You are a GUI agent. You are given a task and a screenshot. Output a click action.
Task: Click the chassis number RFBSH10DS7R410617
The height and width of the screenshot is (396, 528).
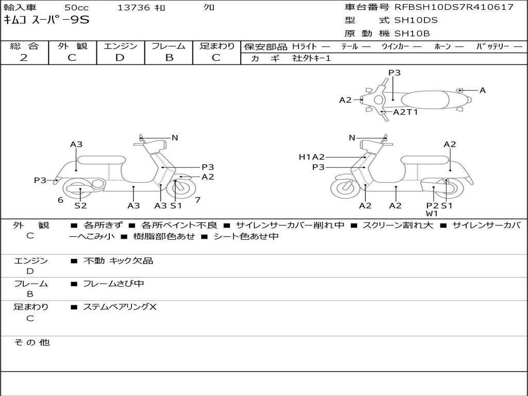click(x=454, y=7)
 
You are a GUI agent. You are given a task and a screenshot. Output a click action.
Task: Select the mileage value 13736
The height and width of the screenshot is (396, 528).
click(x=134, y=8)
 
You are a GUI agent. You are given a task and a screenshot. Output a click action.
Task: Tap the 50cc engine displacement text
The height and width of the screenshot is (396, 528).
click(x=76, y=8)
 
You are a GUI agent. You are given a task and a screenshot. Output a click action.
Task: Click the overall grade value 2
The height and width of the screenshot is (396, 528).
click(x=24, y=58)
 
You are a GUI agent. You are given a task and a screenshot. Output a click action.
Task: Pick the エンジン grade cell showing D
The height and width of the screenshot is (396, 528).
click(x=120, y=58)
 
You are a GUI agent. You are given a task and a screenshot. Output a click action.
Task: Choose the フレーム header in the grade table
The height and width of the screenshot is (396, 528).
click(x=168, y=46)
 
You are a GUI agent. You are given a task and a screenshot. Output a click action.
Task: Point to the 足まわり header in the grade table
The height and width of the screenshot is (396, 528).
click(x=217, y=46)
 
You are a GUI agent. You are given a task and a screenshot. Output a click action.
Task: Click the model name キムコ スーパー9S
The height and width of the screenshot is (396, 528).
click(x=46, y=20)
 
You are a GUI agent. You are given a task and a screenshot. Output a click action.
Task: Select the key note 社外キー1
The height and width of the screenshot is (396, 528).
click(x=311, y=59)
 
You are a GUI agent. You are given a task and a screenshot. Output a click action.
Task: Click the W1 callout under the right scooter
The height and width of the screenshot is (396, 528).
click(x=432, y=213)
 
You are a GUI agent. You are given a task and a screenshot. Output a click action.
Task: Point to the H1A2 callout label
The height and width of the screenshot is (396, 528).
click(x=311, y=157)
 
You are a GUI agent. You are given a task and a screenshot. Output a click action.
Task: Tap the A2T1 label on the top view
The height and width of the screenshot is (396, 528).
click(x=405, y=112)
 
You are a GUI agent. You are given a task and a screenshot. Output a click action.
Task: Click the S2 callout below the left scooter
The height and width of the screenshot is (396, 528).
click(x=80, y=206)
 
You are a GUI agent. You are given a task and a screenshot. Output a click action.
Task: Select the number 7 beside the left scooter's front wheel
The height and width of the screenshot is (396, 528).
click(x=197, y=200)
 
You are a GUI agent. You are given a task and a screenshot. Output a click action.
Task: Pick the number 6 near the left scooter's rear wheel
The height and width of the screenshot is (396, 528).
click(x=60, y=200)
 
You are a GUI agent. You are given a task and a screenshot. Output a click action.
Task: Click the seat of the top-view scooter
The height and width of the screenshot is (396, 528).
click(x=428, y=99)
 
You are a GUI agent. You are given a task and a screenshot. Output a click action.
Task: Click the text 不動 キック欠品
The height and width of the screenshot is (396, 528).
click(x=118, y=261)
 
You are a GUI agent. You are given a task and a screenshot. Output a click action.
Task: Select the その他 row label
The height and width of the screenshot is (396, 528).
click(x=31, y=342)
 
